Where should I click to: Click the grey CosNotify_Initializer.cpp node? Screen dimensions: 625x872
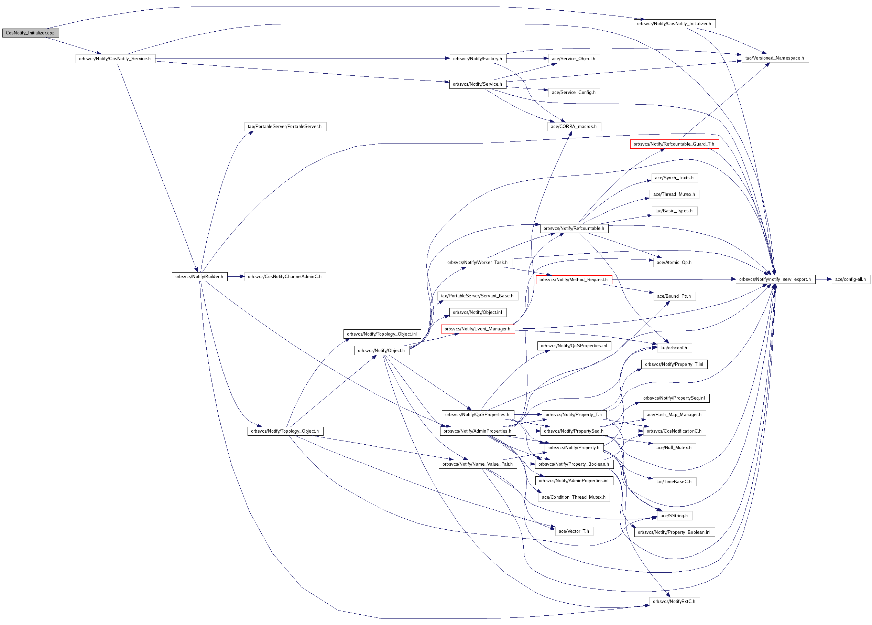click(x=30, y=33)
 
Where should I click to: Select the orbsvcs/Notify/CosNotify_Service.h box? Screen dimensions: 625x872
click(x=115, y=59)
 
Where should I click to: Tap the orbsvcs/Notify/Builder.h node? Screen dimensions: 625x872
click(x=199, y=277)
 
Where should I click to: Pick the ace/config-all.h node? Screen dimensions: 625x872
click(x=850, y=279)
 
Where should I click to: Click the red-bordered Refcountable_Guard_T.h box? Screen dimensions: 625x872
click(x=674, y=144)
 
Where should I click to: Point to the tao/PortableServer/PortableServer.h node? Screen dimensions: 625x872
click(x=285, y=127)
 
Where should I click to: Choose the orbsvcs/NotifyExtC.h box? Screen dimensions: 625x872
click(x=674, y=602)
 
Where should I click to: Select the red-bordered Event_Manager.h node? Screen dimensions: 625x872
click(x=478, y=329)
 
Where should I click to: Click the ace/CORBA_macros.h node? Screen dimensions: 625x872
click(x=574, y=127)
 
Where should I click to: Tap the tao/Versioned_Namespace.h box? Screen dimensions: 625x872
click(x=774, y=58)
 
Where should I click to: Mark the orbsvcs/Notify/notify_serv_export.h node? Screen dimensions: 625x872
click(x=775, y=279)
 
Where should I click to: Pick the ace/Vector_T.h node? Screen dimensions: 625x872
click(x=574, y=531)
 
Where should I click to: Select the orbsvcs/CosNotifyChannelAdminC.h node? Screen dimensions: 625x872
click(x=285, y=277)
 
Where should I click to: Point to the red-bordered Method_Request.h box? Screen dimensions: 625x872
click(x=574, y=280)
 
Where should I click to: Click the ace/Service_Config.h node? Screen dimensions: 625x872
click(x=574, y=93)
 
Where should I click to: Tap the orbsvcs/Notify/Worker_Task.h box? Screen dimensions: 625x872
click(x=478, y=263)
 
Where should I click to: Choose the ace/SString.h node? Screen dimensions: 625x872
click(x=674, y=516)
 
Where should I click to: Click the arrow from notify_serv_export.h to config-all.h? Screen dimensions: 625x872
click(x=823, y=279)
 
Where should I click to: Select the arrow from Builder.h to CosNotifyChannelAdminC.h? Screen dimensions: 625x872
click(x=236, y=277)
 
